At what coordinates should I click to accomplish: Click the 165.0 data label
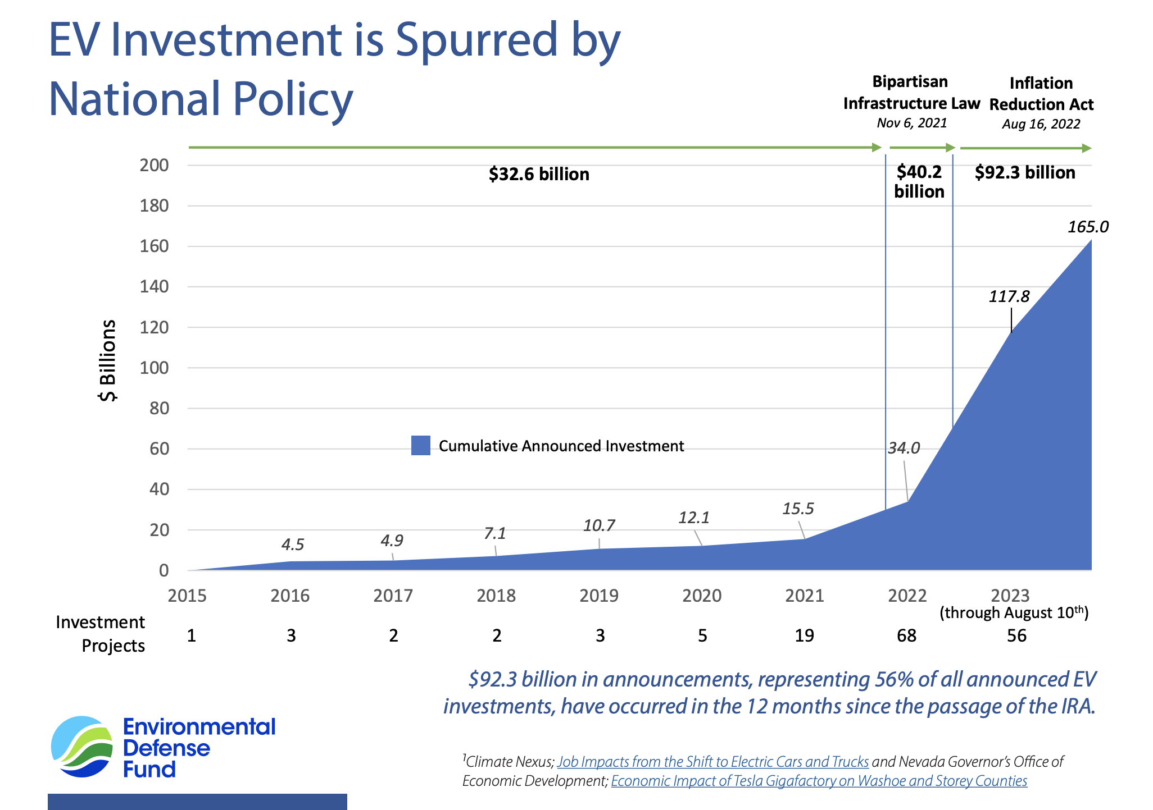1088,227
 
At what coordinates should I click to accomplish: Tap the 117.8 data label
1009,296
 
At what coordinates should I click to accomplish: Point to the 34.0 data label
904,448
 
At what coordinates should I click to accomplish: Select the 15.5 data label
798,509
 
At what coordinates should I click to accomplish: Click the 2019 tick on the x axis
599,595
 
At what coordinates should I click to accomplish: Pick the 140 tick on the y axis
155,287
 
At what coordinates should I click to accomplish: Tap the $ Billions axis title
107,360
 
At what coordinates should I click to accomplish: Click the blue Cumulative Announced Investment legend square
420,446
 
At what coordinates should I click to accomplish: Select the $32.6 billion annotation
539,175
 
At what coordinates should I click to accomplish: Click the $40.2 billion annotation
919,181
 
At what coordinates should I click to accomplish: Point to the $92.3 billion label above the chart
1025,172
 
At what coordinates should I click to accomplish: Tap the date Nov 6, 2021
911,123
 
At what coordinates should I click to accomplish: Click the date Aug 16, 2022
1041,124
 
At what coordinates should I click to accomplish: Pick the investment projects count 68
906,635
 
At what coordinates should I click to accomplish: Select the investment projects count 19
804,635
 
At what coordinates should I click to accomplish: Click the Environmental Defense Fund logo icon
82,747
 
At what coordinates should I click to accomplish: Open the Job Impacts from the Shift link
712,762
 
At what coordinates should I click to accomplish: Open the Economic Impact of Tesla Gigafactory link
819,781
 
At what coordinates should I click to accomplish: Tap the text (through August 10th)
1014,612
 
